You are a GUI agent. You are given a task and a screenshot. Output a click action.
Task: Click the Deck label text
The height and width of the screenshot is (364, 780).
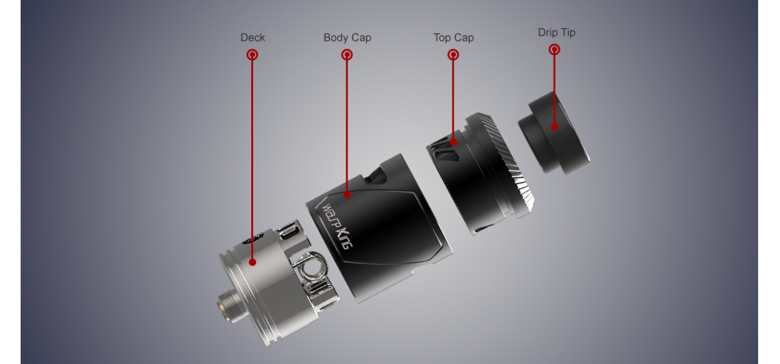[252, 37]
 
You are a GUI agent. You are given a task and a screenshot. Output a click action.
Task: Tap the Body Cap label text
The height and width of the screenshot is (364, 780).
[347, 37]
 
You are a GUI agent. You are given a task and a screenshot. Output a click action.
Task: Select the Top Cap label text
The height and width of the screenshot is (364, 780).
[454, 37]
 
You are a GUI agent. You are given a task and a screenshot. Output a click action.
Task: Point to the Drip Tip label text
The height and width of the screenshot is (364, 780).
[556, 32]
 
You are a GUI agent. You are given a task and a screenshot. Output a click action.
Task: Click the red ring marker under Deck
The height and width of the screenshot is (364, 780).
[252, 54]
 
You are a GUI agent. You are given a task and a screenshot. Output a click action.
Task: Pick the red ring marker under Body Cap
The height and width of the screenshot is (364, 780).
[347, 54]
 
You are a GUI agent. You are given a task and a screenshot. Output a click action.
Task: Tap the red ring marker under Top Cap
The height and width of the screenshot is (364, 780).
[454, 54]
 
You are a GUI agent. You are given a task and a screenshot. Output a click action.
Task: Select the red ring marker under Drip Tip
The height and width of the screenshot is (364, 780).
[554, 49]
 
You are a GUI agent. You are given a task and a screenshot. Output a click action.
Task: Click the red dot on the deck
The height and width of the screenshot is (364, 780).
[252, 262]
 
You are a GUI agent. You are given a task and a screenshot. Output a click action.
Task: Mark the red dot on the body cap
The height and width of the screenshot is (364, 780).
[347, 195]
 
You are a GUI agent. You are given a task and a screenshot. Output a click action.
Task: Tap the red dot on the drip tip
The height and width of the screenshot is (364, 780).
[554, 127]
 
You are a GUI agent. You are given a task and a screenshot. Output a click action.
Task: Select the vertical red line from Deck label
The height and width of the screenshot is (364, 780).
[252, 156]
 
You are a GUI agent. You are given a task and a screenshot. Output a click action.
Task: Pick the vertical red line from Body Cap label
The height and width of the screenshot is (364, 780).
[347, 125]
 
